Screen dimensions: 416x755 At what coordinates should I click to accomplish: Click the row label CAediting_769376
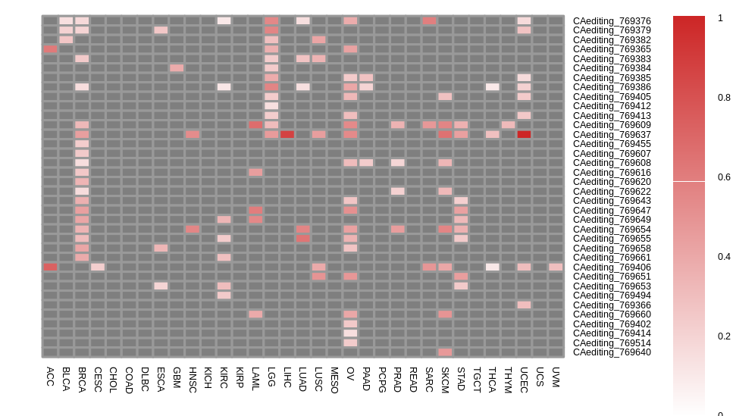click(611, 21)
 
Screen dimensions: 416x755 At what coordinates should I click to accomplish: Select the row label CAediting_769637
click(611, 135)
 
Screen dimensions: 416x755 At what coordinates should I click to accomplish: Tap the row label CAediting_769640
click(611, 352)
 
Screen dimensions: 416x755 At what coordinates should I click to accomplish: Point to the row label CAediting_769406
click(611, 267)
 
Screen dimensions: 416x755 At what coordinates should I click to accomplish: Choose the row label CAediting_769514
click(611, 342)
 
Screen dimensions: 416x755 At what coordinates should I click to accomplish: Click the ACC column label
click(50, 377)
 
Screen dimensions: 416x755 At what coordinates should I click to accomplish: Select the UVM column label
click(556, 377)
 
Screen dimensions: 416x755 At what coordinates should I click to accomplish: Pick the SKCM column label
click(445, 380)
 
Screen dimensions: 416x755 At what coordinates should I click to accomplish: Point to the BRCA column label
click(82, 380)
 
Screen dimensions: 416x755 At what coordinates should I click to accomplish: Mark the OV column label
click(350, 374)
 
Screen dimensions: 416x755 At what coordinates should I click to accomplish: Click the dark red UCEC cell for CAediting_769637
click(524, 135)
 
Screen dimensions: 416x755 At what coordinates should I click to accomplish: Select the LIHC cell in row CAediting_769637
click(287, 135)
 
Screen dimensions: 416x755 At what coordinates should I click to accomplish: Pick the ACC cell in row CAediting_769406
click(50, 267)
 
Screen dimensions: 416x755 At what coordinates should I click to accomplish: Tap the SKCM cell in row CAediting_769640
click(445, 352)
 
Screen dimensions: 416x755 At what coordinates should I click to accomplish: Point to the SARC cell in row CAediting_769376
click(429, 21)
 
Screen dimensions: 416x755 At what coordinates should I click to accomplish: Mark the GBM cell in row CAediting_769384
click(177, 68)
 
